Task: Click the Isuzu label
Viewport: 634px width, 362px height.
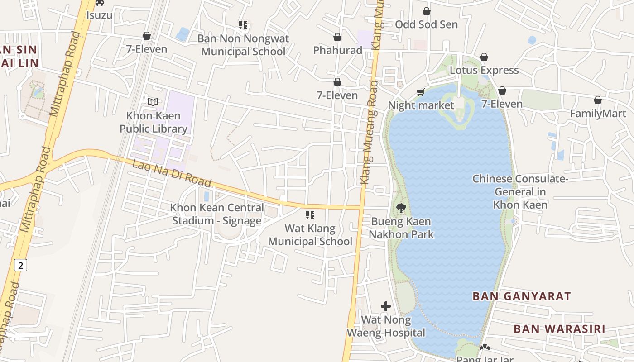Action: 99,15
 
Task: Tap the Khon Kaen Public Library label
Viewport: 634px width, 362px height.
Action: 154,122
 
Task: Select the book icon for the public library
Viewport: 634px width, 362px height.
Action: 154,102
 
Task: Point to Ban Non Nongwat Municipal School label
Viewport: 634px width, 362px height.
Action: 243,45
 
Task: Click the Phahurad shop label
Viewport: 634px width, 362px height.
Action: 338,50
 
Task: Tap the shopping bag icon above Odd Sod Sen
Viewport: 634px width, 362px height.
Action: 426,11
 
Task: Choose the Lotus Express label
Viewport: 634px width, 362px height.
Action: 484,70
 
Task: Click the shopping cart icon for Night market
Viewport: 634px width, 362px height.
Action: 421,92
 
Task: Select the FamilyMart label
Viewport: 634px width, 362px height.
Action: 598,114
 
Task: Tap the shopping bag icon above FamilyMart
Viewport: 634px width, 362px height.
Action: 598,100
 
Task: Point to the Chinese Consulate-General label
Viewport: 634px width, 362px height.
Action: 520,192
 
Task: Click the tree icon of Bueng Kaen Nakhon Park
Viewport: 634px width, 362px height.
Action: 401,208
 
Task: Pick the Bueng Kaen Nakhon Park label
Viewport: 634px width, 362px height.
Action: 401,228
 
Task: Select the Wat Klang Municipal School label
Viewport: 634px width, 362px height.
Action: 310,235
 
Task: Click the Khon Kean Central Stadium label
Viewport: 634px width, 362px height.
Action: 217,214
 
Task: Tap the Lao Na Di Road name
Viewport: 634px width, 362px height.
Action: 172,173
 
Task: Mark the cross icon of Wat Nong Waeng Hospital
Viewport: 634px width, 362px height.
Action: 386,306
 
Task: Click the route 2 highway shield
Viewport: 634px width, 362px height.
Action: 20,265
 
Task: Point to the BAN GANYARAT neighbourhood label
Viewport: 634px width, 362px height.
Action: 522,296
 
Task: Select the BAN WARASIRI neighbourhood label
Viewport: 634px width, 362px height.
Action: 559,329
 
